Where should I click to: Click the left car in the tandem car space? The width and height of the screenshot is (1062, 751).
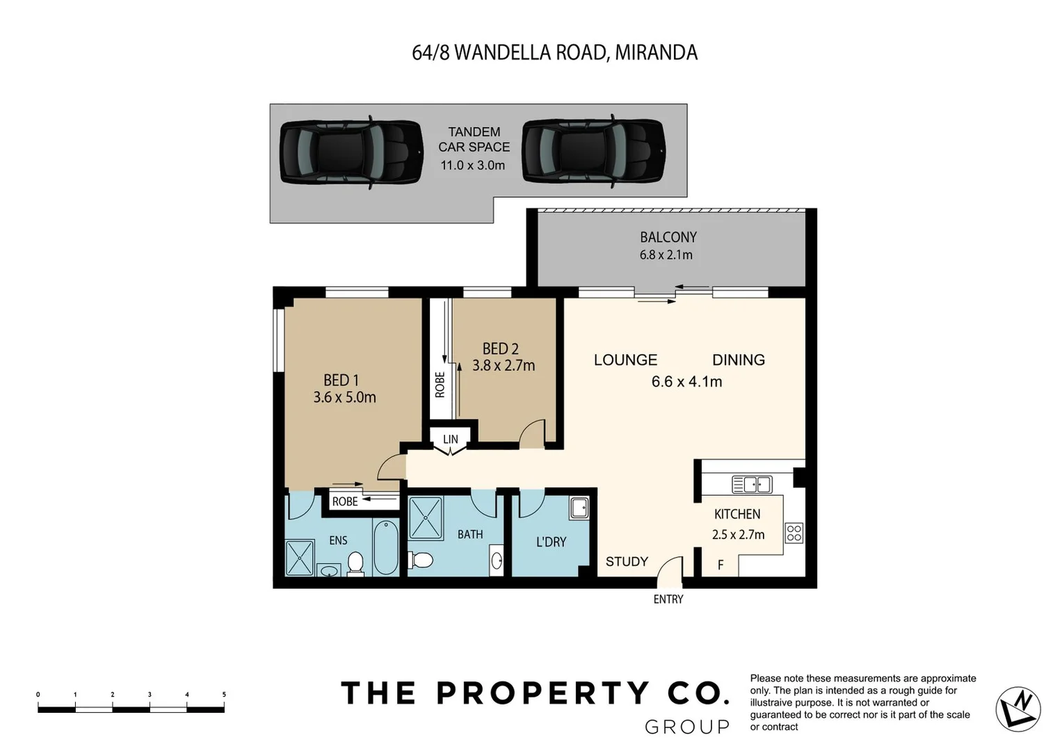pos(351,152)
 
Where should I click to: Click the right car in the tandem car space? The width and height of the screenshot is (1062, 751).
pos(593,152)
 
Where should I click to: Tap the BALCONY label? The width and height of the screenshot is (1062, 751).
pos(668,237)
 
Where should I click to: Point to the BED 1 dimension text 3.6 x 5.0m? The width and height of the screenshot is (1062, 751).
pos(344,398)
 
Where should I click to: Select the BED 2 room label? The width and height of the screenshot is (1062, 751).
pos(500,348)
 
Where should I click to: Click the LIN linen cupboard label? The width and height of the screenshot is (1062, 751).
pos(451,439)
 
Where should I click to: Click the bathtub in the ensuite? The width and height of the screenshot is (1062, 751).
pos(385,547)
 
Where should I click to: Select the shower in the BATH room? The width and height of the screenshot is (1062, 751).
pos(426,518)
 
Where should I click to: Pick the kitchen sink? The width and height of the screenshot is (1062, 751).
pos(752,484)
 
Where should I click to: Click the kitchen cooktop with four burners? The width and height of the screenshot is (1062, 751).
pos(794,533)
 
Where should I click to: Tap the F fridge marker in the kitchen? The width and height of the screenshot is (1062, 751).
pos(721,565)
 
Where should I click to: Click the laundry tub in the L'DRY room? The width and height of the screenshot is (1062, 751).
pos(579,508)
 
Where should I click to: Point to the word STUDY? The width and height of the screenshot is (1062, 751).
pos(627,561)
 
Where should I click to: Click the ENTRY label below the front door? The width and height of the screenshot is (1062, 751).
pos(668,599)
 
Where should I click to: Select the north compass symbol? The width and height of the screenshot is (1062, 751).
pos(1018,709)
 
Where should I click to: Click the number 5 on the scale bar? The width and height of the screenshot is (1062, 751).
pos(224,694)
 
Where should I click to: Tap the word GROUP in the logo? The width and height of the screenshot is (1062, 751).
pos(687,727)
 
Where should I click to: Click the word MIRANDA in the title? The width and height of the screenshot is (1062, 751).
pos(656,53)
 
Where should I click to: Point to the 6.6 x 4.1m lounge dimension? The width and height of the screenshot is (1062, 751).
pos(686,382)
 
